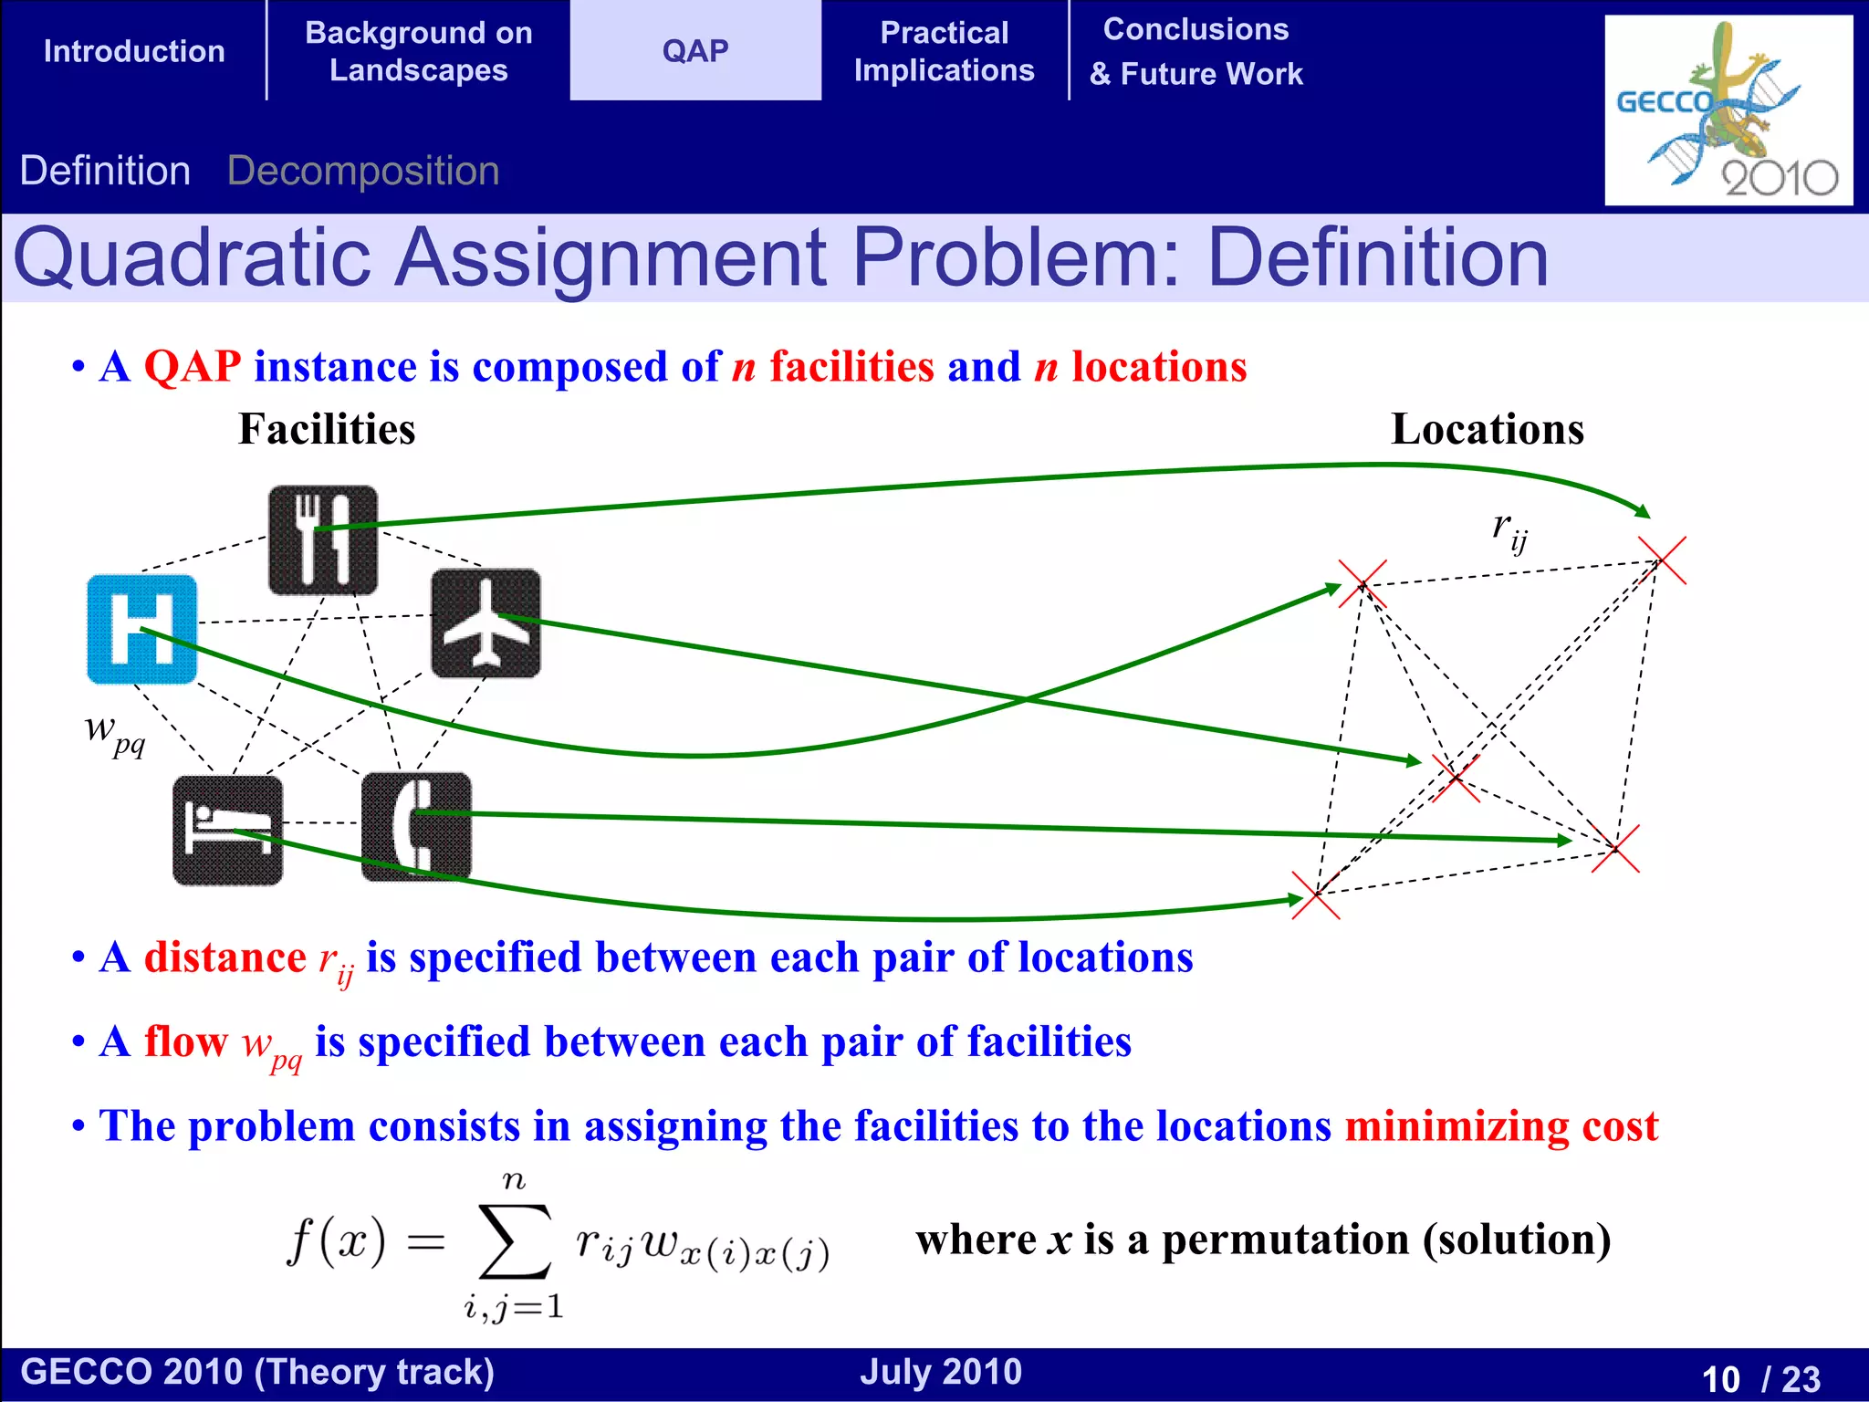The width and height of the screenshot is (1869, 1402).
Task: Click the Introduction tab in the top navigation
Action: [x=134, y=51]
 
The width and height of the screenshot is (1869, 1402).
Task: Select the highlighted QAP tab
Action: [x=695, y=51]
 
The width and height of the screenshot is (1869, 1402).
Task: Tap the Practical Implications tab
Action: [x=944, y=51]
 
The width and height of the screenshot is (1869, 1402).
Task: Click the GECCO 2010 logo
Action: [x=1728, y=110]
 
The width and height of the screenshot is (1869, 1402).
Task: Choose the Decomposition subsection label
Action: [x=363, y=171]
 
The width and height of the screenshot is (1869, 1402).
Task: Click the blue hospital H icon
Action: [x=141, y=629]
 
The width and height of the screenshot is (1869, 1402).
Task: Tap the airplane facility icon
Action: [x=486, y=623]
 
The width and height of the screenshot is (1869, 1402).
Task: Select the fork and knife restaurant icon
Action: [x=322, y=539]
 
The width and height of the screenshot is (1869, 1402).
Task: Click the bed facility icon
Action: [x=227, y=830]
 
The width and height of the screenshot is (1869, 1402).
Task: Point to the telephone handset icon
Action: [x=416, y=826]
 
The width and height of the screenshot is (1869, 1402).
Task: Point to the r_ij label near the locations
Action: [x=1509, y=531]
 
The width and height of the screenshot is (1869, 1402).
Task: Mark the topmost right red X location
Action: [x=1661, y=560]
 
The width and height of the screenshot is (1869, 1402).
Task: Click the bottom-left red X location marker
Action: [x=1316, y=895]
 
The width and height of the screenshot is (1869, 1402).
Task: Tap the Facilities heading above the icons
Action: [x=327, y=429]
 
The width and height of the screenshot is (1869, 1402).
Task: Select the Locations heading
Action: [x=1487, y=429]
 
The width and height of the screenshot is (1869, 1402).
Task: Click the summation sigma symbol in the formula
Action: [x=514, y=1241]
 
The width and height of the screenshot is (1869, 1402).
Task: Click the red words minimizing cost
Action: [x=1500, y=1125]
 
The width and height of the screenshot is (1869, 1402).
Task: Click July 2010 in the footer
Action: [x=940, y=1372]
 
